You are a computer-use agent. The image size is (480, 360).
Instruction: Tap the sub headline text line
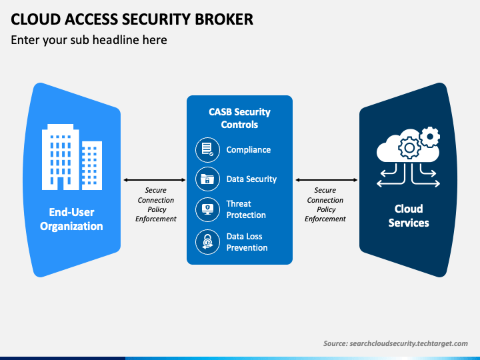89,40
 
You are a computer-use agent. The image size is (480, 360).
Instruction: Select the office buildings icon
72,157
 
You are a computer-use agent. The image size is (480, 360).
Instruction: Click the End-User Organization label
71,219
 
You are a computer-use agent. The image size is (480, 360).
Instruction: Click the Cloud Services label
409,216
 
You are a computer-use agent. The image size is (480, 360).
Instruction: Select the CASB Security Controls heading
240,118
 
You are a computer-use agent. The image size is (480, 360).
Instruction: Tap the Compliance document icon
207,150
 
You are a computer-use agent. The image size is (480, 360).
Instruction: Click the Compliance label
249,150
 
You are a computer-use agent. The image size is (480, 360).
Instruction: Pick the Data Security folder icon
207,179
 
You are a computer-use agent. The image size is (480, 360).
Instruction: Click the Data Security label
251,179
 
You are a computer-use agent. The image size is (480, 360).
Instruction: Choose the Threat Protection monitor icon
207,210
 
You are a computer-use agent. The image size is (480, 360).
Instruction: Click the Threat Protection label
246,209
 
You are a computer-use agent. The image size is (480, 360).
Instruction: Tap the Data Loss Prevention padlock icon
207,242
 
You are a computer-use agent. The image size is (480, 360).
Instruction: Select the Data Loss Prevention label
247,242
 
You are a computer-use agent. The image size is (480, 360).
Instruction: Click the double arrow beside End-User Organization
154,180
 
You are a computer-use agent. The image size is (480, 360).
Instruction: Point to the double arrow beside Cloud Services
326,180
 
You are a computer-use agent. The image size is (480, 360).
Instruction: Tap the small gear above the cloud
430,137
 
